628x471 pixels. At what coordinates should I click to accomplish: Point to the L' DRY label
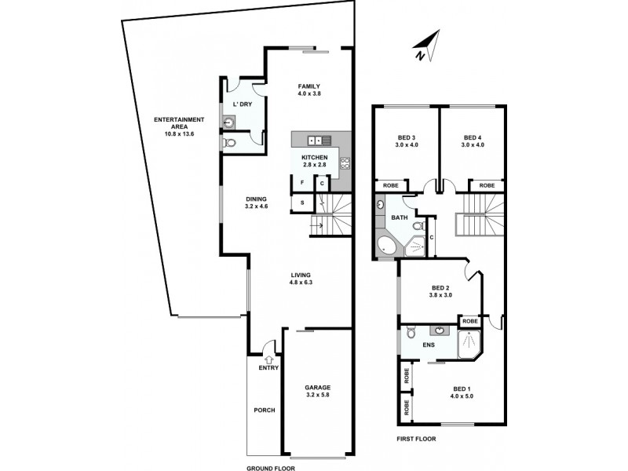tap(240, 104)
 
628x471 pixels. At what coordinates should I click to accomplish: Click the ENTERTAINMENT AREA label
tap(179, 126)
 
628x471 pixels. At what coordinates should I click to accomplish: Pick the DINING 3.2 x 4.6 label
tap(256, 203)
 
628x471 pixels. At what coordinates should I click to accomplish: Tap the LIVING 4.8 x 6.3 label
tap(301, 279)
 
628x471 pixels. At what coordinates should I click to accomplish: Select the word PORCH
tap(263, 410)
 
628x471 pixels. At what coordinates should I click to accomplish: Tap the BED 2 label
tap(440, 292)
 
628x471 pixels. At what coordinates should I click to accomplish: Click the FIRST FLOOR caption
tap(416, 439)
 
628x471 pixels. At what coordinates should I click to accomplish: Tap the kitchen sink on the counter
tap(318, 141)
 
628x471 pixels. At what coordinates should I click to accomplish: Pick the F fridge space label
tap(301, 183)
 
